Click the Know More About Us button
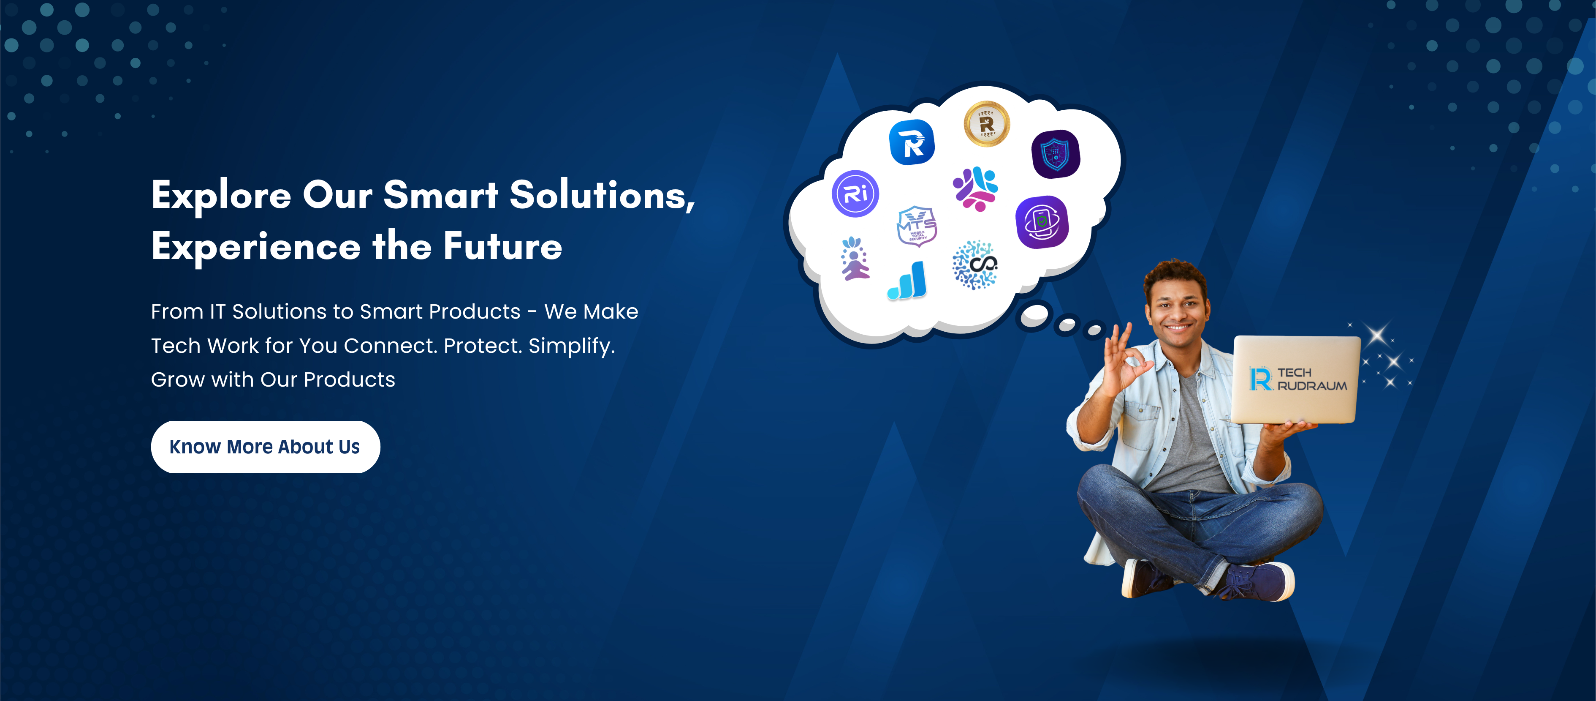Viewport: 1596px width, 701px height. [x=265, y=447]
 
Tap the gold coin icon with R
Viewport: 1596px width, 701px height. [x=986, y=124]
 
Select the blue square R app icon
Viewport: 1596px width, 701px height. [x=912, y=142]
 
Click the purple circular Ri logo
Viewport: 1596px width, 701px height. [x=855, y=194]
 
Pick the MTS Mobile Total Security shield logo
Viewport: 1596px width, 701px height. [x=917, y=226]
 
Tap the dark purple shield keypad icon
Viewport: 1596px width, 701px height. [x=1056, y=154]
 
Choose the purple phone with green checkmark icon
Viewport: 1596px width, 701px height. [x=1042, y=222]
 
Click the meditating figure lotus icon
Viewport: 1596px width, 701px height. [x=855, y=259]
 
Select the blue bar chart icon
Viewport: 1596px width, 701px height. [x=908, y=281]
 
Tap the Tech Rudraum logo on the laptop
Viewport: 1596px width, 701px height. [x=1298, y=379]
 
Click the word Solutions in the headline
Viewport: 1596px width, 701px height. [x=602, y=195]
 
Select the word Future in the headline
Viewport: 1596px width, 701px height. [x=502, y=246]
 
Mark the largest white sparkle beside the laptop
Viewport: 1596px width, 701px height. [x=1378, y=335]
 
